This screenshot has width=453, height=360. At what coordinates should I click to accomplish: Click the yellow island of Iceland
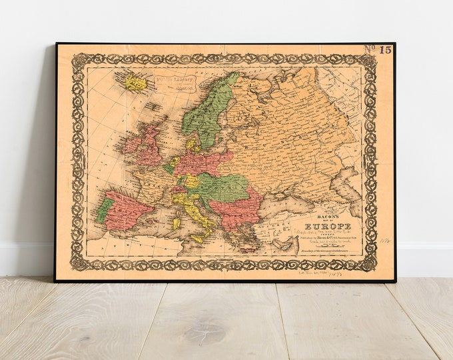pyautogui.click(x=136, y=83)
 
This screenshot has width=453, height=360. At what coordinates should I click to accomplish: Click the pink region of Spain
pyautogui.click(x=127, y=211)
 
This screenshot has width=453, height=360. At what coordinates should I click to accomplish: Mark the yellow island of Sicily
pyautogui.click(x=197, y=238)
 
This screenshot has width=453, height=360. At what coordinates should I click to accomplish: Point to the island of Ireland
pyautogui.click(x=131, y=144)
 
